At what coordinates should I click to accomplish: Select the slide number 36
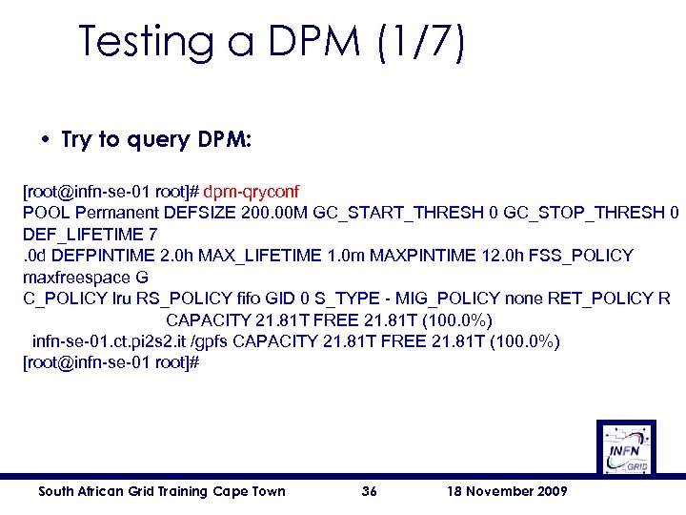tap(371, 491)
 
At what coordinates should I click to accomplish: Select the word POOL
tap(46, 213)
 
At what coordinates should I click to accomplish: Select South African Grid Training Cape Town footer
tap(161, 491)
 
